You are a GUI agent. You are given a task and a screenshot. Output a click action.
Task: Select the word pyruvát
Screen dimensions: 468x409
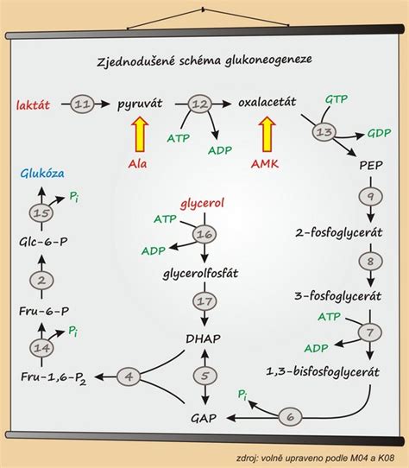coord(140,104)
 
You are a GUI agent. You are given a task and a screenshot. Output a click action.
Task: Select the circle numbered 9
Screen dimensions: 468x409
coord(370,195)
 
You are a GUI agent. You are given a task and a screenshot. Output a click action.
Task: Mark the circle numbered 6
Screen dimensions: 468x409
coord(291,417)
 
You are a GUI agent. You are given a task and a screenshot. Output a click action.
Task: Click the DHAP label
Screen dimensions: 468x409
coord(204,339)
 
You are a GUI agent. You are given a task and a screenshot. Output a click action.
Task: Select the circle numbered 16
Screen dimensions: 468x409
coord(204,234)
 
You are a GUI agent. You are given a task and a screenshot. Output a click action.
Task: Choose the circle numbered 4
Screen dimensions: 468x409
coord(129,376)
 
